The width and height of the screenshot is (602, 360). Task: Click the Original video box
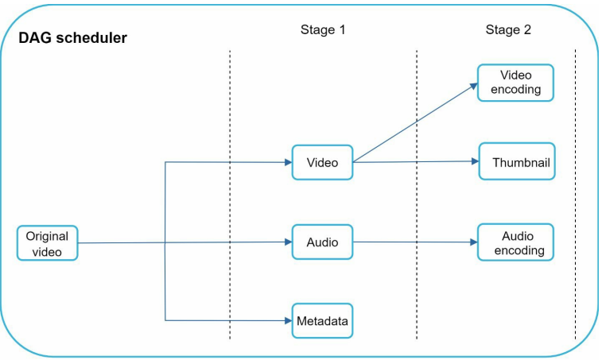pos(48,243)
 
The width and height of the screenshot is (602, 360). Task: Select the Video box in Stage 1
pos(322,163)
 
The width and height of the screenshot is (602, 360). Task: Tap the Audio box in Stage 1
pos(322,242)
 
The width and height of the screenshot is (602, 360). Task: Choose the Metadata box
pos(322,321)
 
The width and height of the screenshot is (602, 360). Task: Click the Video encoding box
pos(515,83)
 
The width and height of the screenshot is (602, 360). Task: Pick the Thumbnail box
pos(516,163)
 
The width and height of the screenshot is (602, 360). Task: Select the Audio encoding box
pos(515,243)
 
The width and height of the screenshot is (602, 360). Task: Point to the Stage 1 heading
pos(323,30)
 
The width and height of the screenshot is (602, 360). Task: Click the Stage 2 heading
pos(508,30)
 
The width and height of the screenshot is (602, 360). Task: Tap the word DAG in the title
pos(35,37)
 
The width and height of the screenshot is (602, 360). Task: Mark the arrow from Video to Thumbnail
pos(414,162)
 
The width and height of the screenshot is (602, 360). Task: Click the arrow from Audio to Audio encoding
pos(414,242)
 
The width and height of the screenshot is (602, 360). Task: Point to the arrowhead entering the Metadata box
pos(287,321)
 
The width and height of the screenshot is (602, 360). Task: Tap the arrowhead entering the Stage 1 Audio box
pos(287,242)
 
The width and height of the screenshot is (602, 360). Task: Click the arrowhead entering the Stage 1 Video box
pos(287,163)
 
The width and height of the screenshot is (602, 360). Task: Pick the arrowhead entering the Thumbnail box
pos(474,162)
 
